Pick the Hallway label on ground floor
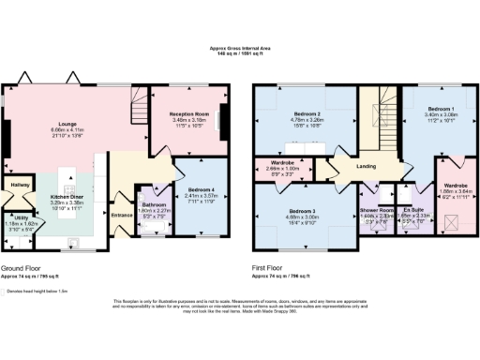coord(19,186)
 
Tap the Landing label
coord(364,168)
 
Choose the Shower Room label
coord(377,211)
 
